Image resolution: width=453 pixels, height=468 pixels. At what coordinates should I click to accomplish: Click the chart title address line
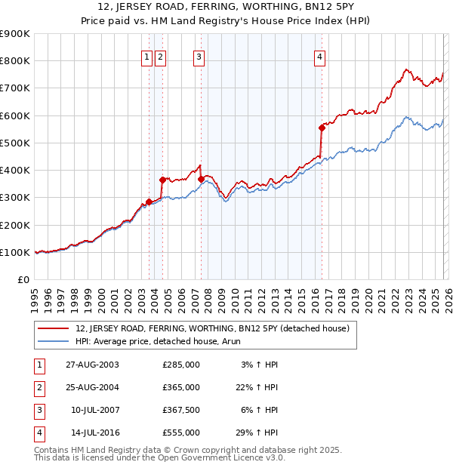coord(226,7)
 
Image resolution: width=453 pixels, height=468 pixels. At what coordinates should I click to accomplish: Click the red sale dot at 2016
coord(322,128)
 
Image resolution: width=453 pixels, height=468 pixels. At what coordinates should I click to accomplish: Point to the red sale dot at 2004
coord(162,180)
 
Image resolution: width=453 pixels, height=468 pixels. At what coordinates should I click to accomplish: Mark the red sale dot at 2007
coord(202,179)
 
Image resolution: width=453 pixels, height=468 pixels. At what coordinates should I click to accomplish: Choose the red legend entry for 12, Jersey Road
coord(211,328)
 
